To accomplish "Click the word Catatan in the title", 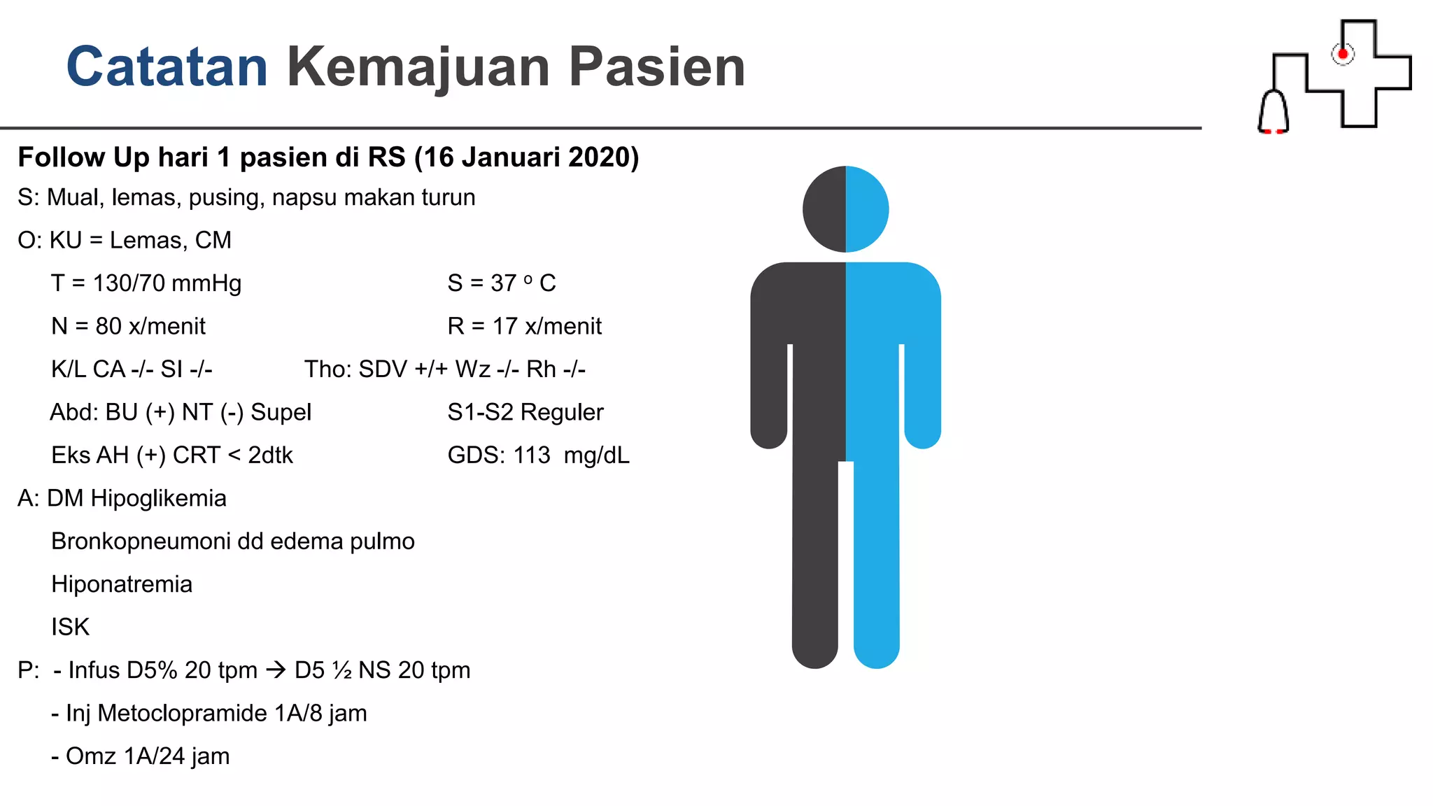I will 167,66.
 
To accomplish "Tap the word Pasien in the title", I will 656,66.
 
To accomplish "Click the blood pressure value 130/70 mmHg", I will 167,283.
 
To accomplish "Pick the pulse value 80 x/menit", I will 150,326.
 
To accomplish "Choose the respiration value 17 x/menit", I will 546,326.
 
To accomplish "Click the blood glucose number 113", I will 532,455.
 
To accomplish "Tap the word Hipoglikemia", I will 158,498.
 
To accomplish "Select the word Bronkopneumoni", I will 141,542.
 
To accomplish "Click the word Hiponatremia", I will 122,584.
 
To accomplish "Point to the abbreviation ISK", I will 70,627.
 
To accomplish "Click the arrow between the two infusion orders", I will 276,670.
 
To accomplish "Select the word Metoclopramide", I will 182,713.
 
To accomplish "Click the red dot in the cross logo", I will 1343,54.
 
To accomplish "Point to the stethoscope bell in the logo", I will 1273,112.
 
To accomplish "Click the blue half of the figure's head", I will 867,208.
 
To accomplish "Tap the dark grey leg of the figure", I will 815,560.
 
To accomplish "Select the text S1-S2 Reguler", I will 525,412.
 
